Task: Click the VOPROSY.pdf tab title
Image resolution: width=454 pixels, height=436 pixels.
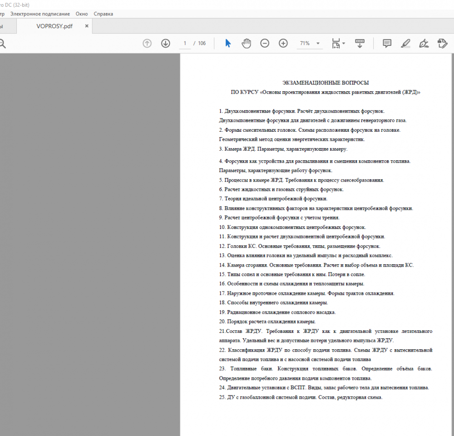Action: pyautogui.click(x=54, y=26)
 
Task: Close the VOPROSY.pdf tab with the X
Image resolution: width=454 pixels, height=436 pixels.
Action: pyautogui.click(x=87, y=26)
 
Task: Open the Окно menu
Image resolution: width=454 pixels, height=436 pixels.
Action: pyautogui.click(x=82, y=14)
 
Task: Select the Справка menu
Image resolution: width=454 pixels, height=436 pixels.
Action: pyautogui.click(x=104, y=14)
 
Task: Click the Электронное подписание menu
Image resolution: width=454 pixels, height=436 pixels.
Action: pyautogui.click(x=40, y=14)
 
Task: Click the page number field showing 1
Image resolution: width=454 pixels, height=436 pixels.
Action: pyautogui.click(x=184, y=43)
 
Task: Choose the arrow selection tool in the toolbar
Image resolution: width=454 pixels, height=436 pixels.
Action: pyautogui.click(x=228, y=43)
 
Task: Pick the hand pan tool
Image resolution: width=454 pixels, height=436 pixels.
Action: pyautogui.click(x=246, y=43)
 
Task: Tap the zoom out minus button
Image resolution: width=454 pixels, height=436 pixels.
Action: pyautogui.click(x=265, y=43)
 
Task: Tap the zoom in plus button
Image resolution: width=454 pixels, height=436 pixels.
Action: pyautogui.click(x=283, y=43)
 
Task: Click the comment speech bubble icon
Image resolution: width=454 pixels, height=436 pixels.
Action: pyautogui.click(x=387, y=43)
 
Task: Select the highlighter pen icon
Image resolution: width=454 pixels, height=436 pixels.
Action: pyautogui.click(x=405, y=43)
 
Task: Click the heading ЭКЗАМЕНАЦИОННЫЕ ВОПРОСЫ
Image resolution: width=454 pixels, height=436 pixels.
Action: pyautogui.click(x=326, y=83)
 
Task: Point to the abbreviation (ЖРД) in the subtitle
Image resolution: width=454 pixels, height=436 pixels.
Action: pyautogui.click(x=410, y=92)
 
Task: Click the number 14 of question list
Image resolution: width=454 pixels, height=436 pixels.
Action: pyautogui.click(x=222, y=265)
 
